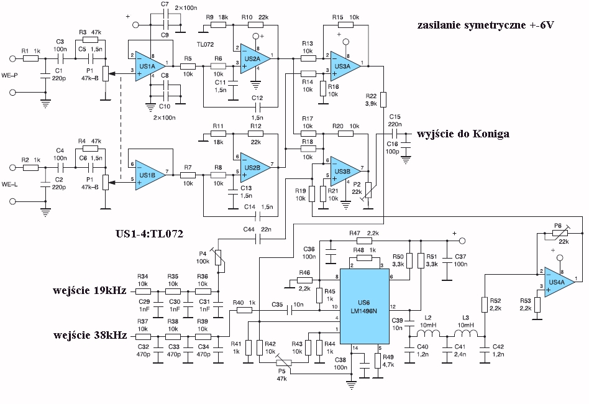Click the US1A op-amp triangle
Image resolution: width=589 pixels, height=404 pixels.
click(150, 66)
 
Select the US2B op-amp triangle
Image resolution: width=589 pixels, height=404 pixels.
click(255, 168)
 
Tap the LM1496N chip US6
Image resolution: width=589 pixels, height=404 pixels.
click(364, 306)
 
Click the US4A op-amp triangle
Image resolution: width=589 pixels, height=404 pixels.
click(560, 282)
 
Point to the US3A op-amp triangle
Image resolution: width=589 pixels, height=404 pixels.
click(345, 66)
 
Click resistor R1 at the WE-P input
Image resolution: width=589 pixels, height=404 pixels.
click(30, 58)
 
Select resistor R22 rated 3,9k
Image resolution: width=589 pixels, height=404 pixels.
click(383, 99)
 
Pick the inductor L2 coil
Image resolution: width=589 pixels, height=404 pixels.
click(428, 333)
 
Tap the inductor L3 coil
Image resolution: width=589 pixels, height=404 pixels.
click(466, 333)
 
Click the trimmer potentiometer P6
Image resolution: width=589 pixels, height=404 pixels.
click(560, 234)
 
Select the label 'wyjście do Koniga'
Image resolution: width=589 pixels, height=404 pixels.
click(463, 134)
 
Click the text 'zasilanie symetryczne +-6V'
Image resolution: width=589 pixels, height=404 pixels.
click(485, 25)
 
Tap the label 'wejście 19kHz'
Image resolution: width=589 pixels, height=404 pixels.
click(89, 290)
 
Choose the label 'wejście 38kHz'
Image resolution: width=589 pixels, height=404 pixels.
click(89, 335)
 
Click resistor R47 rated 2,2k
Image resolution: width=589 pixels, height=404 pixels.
click(364, 241)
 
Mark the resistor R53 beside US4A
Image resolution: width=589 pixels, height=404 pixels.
click(537, 305)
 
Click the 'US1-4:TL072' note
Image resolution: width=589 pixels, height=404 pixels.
click(149, 234)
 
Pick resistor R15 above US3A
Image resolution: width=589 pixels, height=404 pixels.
click(345, 25)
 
